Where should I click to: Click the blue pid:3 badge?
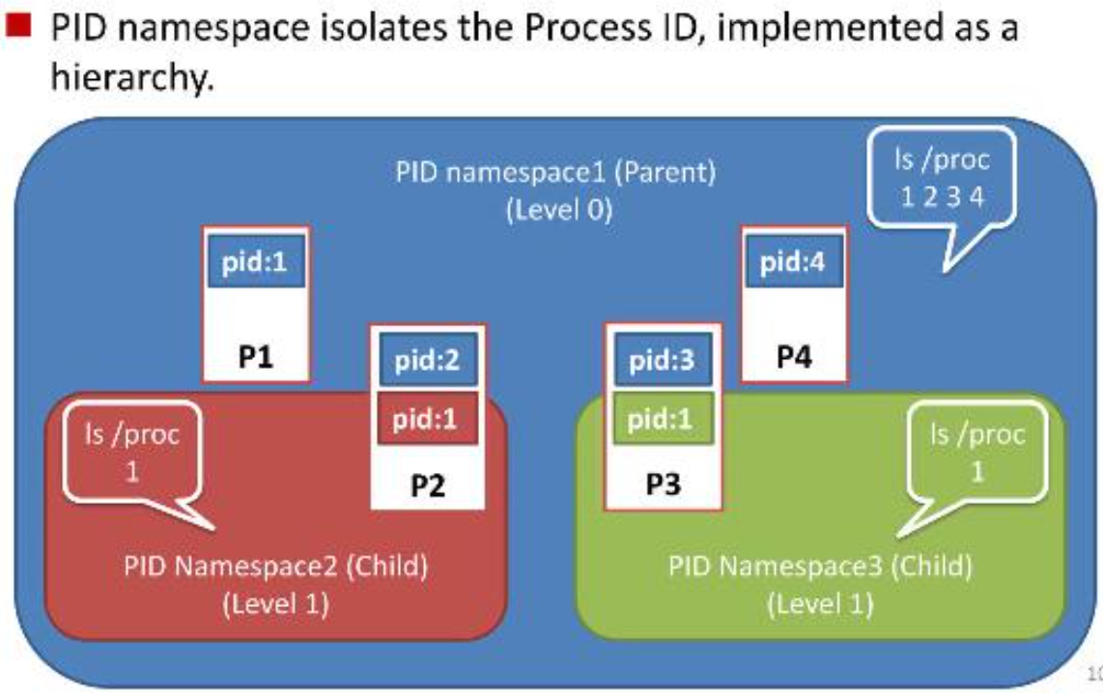click(x=663, y=363)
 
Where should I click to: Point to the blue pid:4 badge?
click(x=793, y=263)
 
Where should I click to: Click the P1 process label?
click(x=256, y=358)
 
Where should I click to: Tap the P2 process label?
click(x=427, y=485)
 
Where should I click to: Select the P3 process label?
click(x=663, y=485)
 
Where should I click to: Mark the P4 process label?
click(x=793, y=358)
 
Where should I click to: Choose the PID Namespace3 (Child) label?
click(x=820, y=565)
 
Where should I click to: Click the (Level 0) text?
click(x=559, y=209)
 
